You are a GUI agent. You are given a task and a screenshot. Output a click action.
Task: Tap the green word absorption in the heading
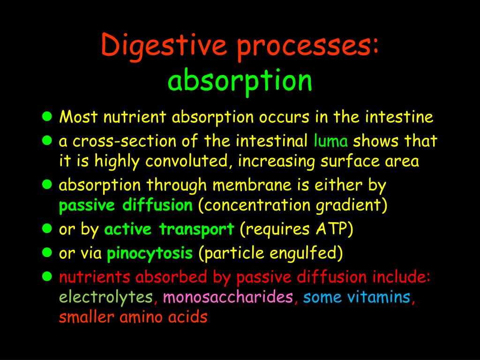click(240, 80)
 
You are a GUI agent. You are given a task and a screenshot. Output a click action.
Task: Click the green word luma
click(331, 141)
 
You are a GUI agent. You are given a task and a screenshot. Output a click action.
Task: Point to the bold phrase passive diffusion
click(126, 206)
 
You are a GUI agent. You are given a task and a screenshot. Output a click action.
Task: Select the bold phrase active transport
click(169, 230)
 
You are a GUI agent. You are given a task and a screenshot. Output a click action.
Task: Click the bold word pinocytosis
click(150, 254)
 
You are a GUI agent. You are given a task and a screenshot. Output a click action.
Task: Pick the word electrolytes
click(106, 298)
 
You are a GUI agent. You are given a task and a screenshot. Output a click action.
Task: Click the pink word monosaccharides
click(228, 298)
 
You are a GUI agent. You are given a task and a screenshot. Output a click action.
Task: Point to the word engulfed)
click(306, 254)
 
